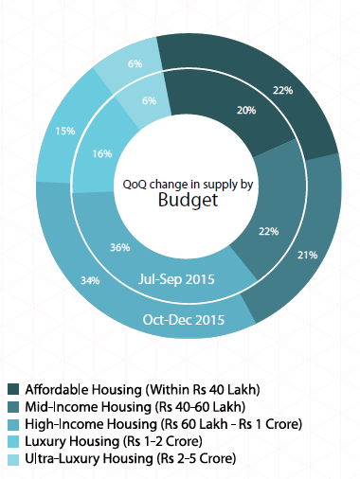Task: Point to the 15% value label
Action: pyautogui.click(x=65, y=132)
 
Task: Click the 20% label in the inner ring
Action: pyautogui.click(x=245, y=110)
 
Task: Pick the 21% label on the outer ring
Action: pyautogui.click(x=308, y=255)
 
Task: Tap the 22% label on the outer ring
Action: pyautogui.click(x=309, y=90)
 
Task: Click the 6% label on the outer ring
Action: pyautogui.click(x=135, y=63)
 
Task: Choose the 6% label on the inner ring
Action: pyautogui.click(x=149, y=100)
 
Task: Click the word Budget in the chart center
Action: pyautogui.click(x=188, y=200)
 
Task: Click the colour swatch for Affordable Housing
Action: pyautogui.click(x=13, y=389)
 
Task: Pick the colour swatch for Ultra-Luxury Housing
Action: pyautogui.click(x=13, y=458)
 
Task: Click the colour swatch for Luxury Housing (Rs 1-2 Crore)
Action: pyautogui.click(x=13, y=441)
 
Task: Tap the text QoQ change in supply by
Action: pyautogui.click(x=188, y=183)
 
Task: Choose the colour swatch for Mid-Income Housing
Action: pyautogui.click(x=13, y=406)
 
